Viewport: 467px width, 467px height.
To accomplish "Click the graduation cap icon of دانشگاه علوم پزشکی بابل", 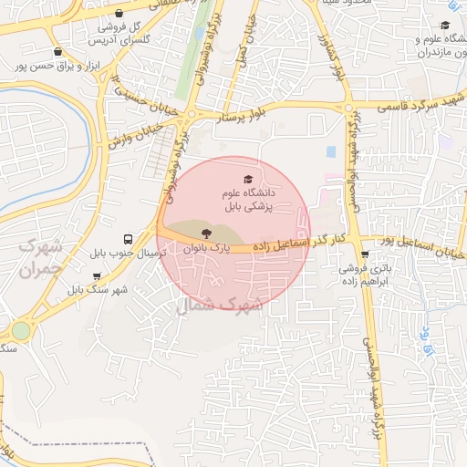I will click(247, 179).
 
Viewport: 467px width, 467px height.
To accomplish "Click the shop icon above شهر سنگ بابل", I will click(97, 275).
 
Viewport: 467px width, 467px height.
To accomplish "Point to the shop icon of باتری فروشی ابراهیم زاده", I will click(365, 254).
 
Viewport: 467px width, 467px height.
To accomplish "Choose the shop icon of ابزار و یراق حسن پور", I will click(57, 52).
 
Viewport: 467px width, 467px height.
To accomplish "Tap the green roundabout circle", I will click(20, 330).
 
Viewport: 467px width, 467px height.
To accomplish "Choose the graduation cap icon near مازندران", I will click(444, 26).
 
